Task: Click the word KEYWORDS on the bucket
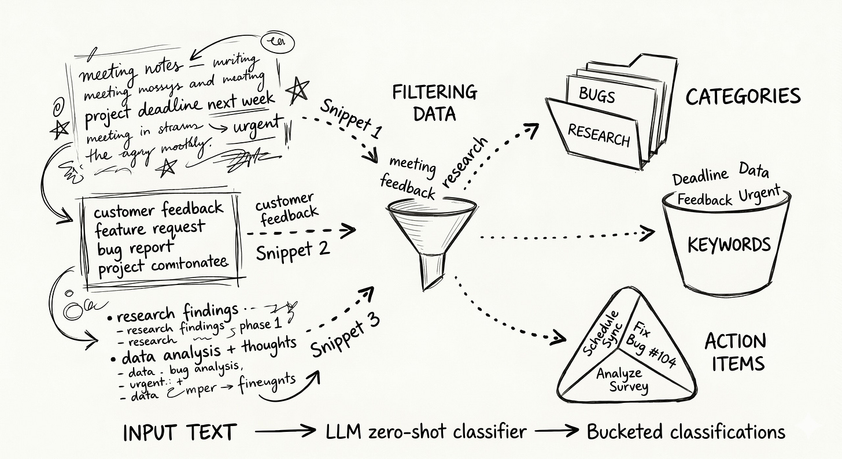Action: (729, 245)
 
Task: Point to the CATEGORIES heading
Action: (743, 97)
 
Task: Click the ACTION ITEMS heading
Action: (735, 351)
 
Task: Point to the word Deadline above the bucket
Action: (699, 176)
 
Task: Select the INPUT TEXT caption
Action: (180, 432)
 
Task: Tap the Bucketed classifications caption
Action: (686, 432)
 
